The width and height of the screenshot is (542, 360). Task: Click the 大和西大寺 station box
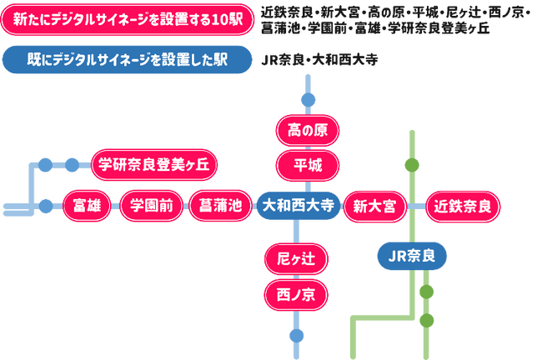pyautogui.click(x=298, y=205)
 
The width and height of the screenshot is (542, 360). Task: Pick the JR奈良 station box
pyautogui.click(x=412, y=256)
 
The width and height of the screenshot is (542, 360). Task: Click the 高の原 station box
pyautogui.click(x=307, y=130)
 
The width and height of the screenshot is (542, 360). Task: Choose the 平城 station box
pyautogui.click(x=307, y=164)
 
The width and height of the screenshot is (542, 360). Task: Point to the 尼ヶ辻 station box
pyautogui.click(x=295, y=259)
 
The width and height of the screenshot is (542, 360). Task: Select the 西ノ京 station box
pyautogui.click(x=295, y=294)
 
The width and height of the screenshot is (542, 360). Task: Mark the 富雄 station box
pyautogui.click(x=87, y=205)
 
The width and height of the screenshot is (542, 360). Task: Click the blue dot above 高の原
pyautogui.click(x=308, y=101)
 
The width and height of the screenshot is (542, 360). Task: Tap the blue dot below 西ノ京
pyautogui.click(x=296, y=335)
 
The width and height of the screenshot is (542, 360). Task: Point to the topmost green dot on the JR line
pyautogui.click(x=412, y=164)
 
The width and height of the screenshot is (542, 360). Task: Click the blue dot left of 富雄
pyautogui.click(x=46, y=205)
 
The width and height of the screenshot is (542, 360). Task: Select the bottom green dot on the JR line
pyautogui.click(x=427, y=320)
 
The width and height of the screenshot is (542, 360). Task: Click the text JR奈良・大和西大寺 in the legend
pyautogui.click(x=312, y=61)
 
